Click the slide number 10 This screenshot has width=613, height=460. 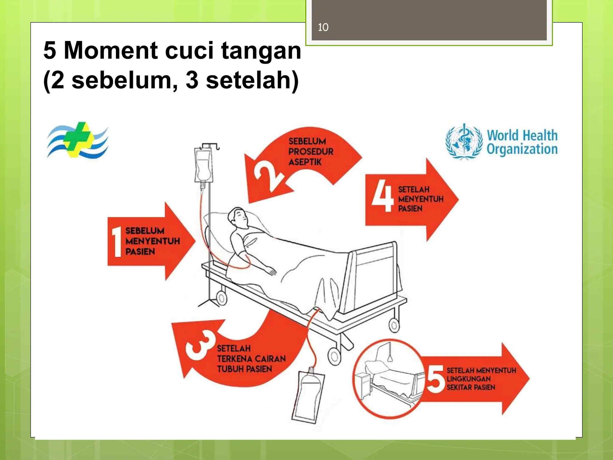(323, 27)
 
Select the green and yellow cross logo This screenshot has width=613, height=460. (78, 140)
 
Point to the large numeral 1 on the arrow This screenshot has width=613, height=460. (116, 242)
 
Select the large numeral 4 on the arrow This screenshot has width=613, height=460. (382, 198)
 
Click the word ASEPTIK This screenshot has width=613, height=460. (305, 162)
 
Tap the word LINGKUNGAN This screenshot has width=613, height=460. (468, 379)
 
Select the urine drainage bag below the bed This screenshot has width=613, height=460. (308, 396)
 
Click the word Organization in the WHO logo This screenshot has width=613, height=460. (522, 149)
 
